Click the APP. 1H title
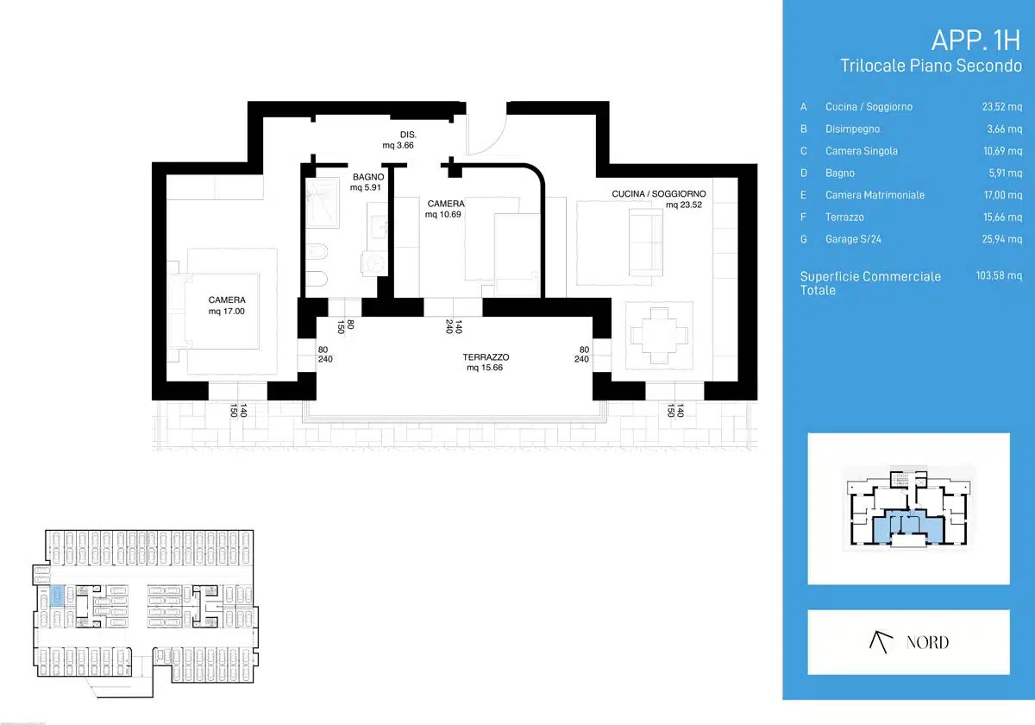[975, 41]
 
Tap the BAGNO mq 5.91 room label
[367, 182]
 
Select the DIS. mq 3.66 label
[399, 140]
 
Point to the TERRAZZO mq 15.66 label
[486, 362]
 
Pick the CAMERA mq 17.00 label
[226, 306]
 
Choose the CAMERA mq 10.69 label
[444, 209]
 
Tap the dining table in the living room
[659, 336]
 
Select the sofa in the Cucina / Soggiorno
[646, 243]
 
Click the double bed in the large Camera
[222, 312]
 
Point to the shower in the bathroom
[323, 203]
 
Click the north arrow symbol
[881, 642]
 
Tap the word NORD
[927, 642]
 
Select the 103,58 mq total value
[999, 275]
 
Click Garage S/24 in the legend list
[853, 239]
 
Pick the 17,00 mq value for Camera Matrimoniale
[1002, 195]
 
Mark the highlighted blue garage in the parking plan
[57, 596]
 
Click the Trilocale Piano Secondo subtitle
[931, 66]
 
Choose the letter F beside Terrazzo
[804, 217]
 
